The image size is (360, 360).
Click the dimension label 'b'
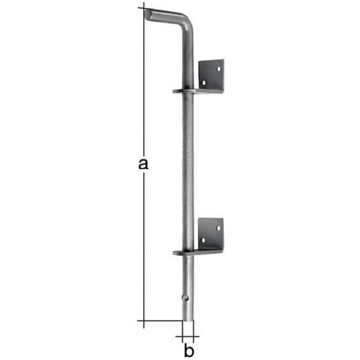[189, 351]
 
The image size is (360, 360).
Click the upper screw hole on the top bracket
[219, 68]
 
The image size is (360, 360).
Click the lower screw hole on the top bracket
[204, 82]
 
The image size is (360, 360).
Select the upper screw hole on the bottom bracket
[218, 228]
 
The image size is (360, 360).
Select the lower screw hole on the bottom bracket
[203, 240]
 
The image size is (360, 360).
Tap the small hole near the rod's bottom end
[185, 298]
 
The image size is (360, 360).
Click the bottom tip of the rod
[188, 321]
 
